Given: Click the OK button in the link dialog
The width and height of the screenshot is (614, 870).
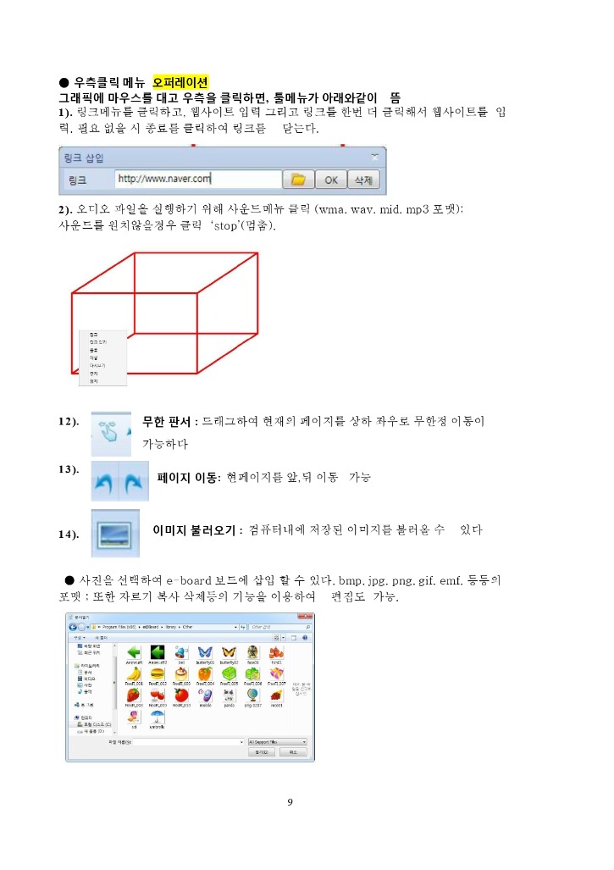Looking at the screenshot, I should tap(330, 180).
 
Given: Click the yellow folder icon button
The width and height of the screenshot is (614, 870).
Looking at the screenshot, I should tap(297, 180).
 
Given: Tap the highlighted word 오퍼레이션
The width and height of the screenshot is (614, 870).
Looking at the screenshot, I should tap(180, 83).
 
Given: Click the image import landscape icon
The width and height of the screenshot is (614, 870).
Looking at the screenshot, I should tap(114, 533).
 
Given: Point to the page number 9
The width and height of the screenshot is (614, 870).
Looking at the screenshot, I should tap(290, 801).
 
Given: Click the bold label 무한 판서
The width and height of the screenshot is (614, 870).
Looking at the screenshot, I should tap(167, 421).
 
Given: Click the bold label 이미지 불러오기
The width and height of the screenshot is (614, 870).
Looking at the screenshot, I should tap(195, 530).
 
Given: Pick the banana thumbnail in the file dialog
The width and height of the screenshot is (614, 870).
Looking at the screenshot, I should tap(134, 673).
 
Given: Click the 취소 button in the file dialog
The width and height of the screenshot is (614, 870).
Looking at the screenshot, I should tap(292, 751).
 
